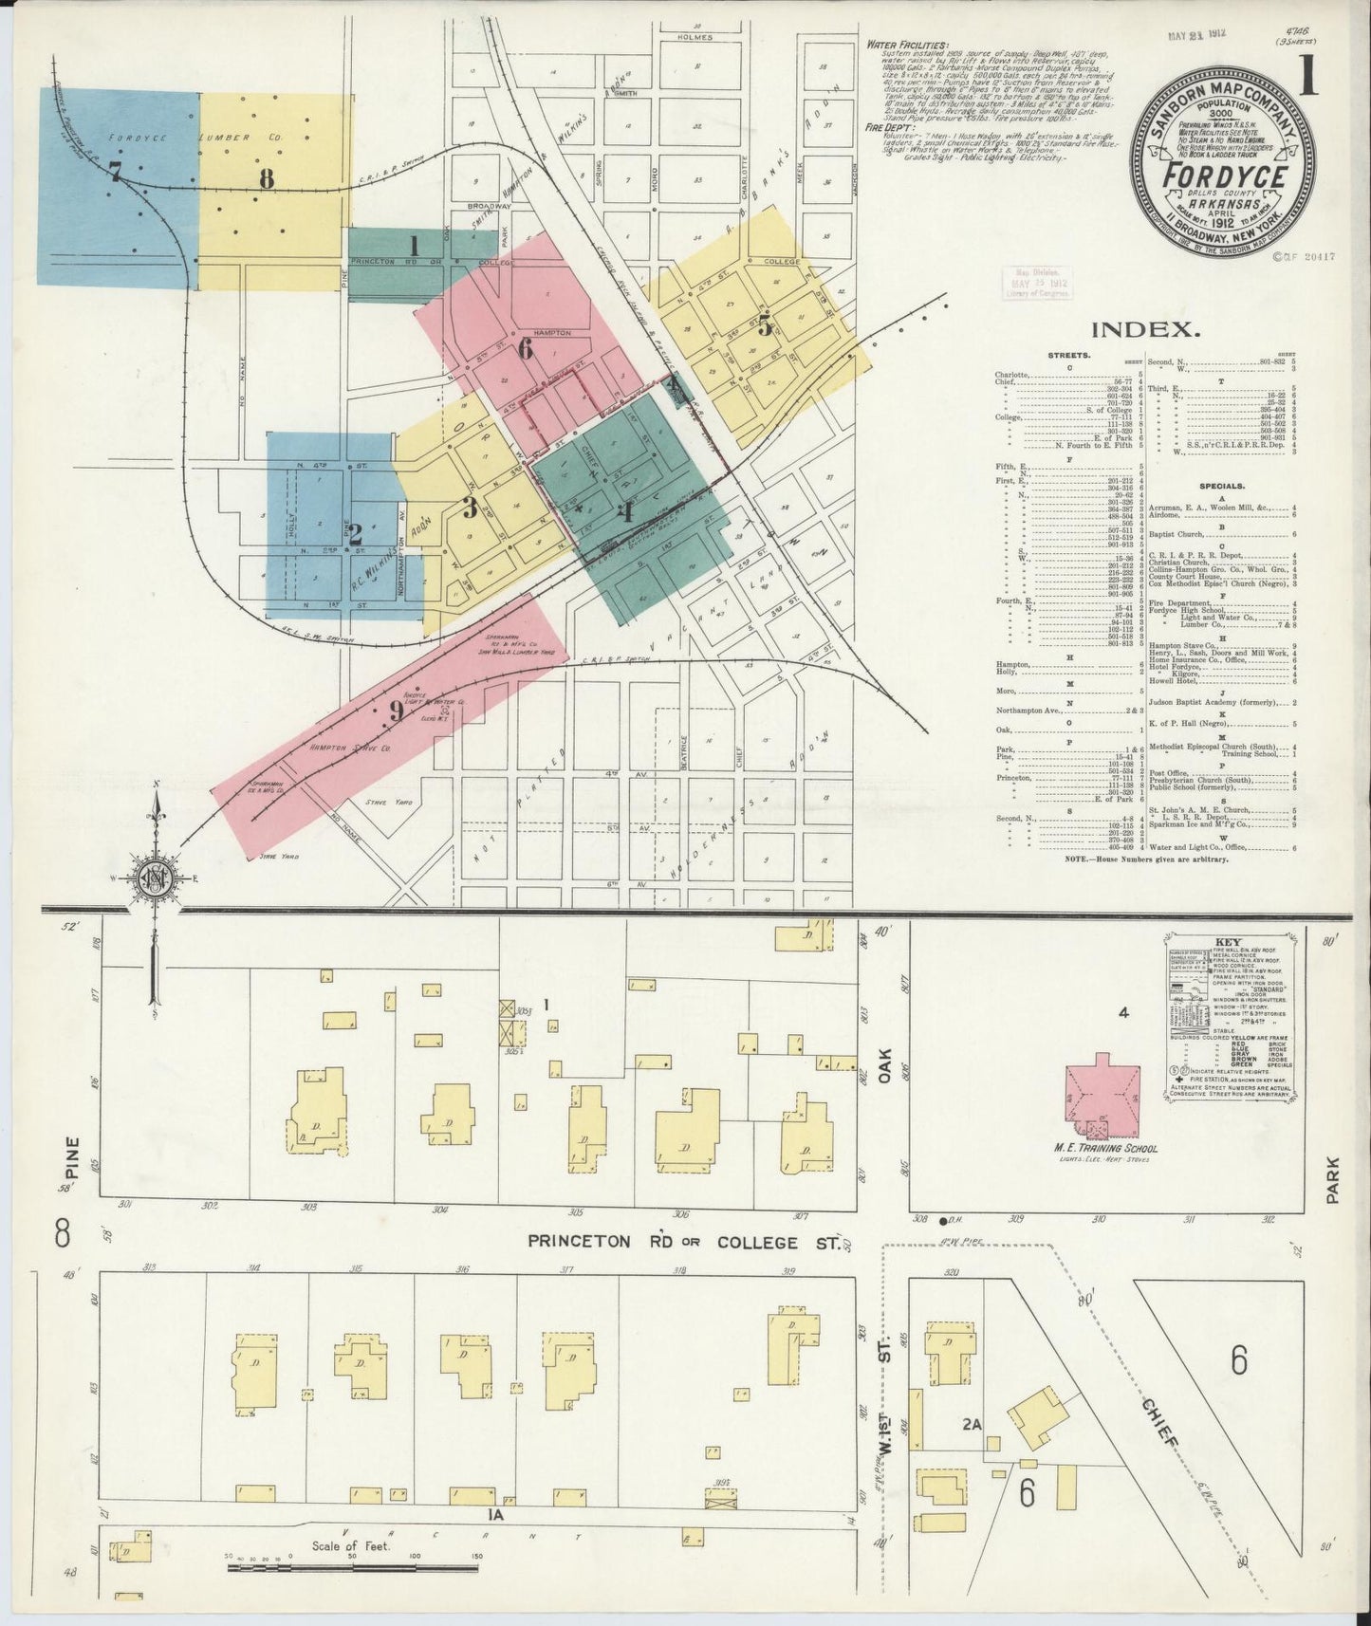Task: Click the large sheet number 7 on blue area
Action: [x=115, y=173]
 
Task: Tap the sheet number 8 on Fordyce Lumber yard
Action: [x=267, y=177]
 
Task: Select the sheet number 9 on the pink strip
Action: [x=396, y=711]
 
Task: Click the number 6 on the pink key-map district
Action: [x=524, y=349]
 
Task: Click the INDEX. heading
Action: [x=1142, y=329]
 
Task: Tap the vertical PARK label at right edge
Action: [x=1333, y=1179]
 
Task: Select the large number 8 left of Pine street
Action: [x=63, y=1234]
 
